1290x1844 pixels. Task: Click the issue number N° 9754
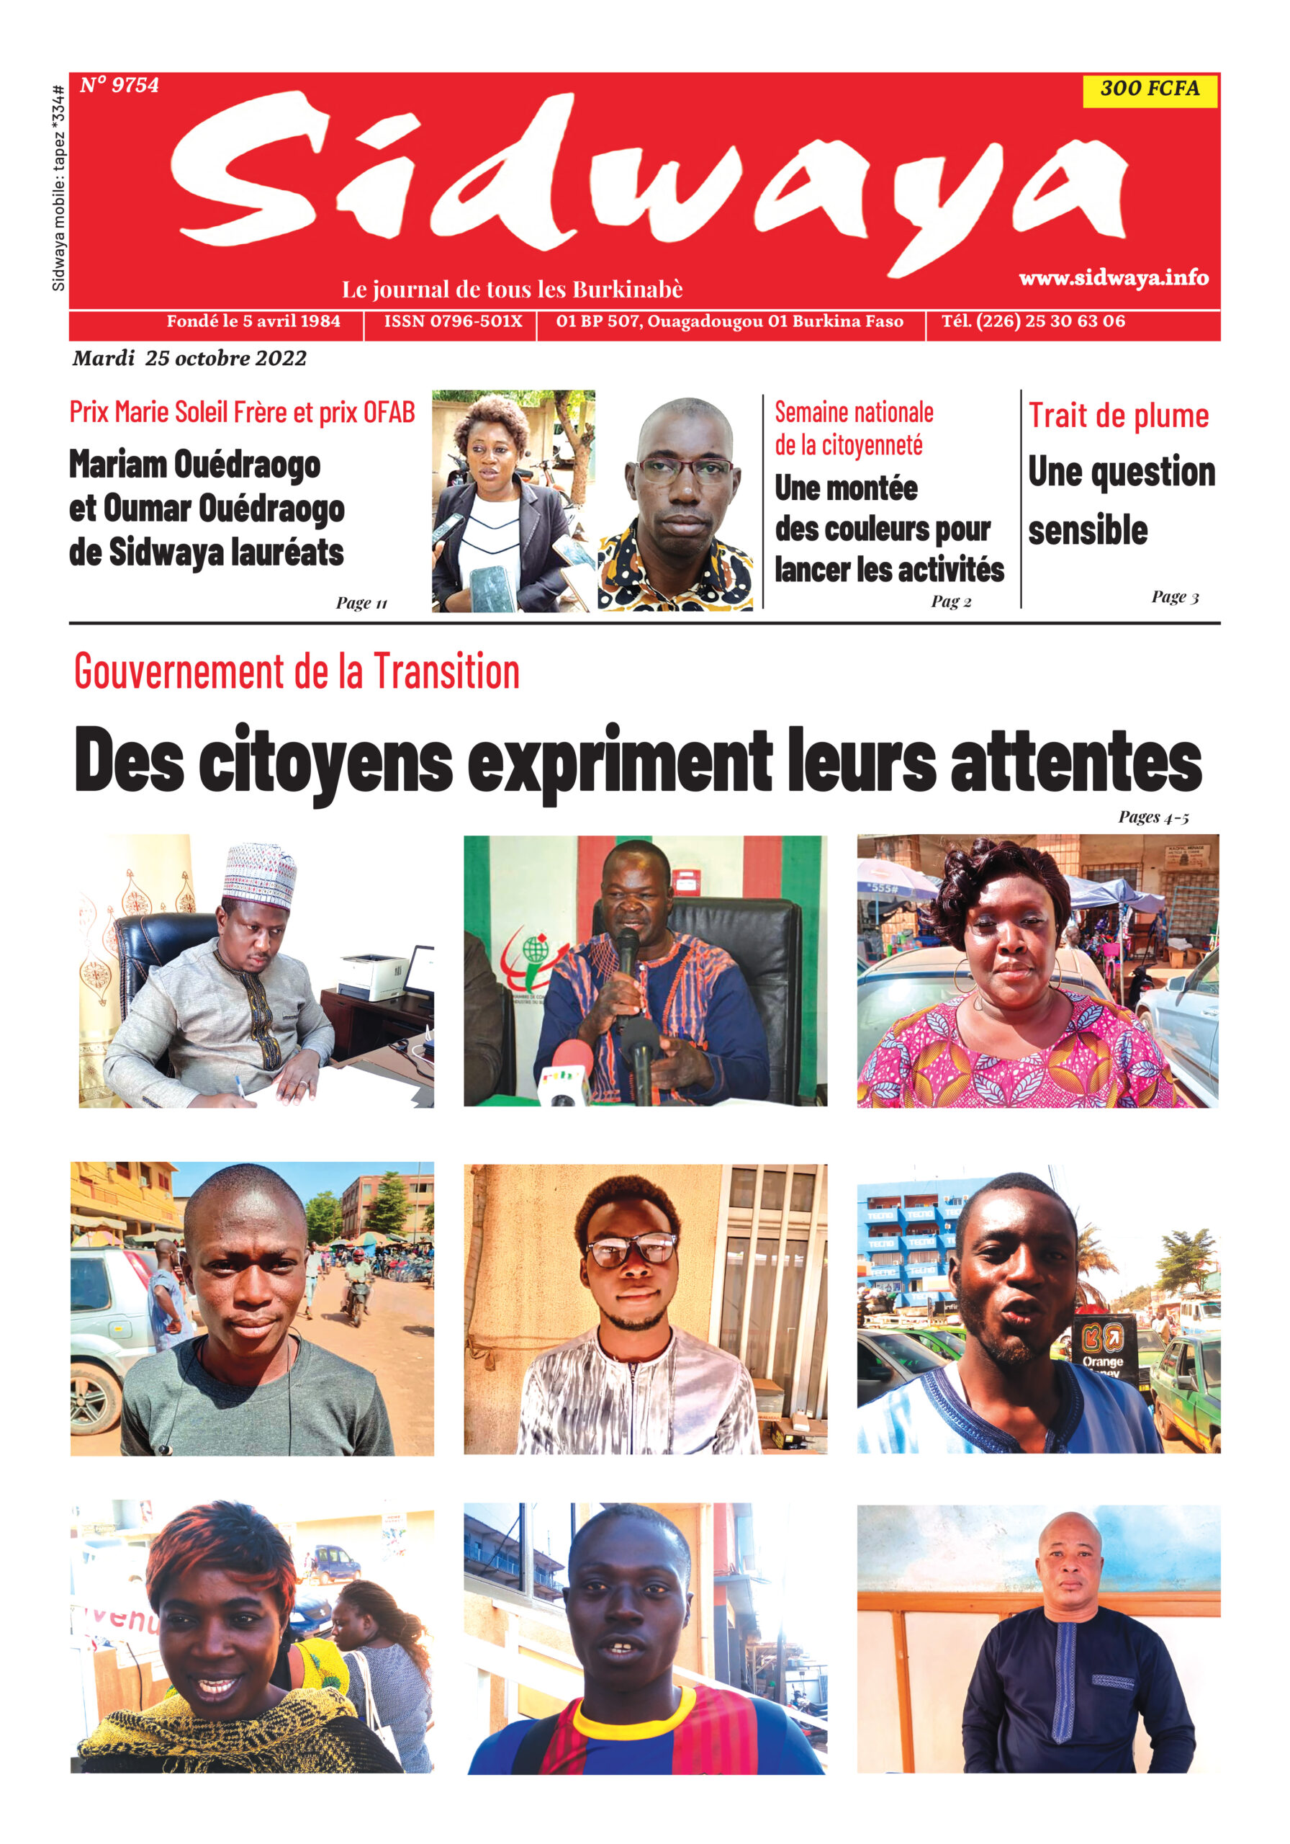119,85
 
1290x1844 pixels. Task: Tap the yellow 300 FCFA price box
1149,89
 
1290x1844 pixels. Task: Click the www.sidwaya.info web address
1113,278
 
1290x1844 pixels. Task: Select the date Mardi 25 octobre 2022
189,358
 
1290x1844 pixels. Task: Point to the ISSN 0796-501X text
453,321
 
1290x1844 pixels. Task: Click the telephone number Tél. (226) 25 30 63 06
1032,321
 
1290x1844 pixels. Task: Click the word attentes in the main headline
1075,760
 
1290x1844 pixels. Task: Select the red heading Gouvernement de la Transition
297,671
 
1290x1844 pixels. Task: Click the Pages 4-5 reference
1153,818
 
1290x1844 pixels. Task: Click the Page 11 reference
361,603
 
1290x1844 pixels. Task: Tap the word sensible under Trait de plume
1088,530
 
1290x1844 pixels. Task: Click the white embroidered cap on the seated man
259,875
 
